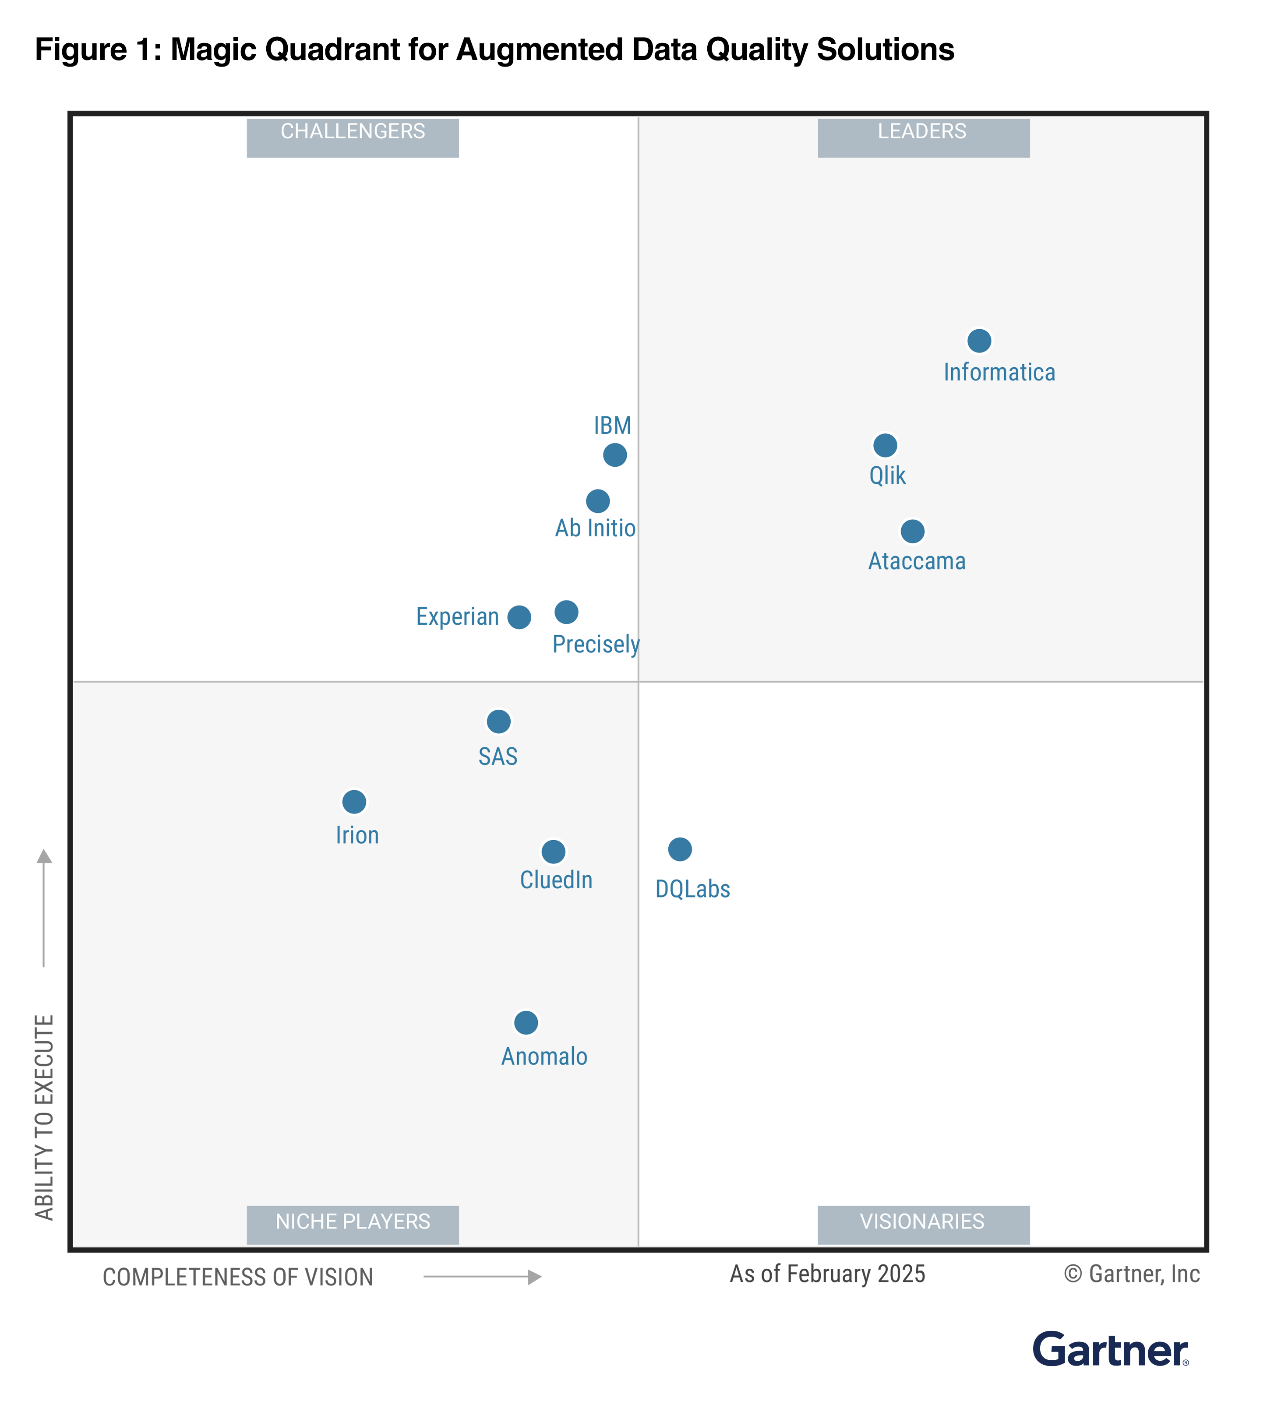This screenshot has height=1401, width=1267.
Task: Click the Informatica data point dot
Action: coord(978,341)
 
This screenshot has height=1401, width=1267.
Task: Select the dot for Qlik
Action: coord(885,445)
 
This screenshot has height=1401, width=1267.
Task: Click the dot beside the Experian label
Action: coord(519,616)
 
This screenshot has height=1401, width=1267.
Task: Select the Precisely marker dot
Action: coord(566,612)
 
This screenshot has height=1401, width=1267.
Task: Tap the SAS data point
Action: coord(498,722)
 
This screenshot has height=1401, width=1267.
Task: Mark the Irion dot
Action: coord(354,801)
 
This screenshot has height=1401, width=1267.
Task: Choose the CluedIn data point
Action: coord(553,851)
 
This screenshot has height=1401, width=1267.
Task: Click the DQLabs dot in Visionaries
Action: coord(680,848)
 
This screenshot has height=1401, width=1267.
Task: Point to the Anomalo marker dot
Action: coord(526,1022)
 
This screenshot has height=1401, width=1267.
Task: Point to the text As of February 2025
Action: coord(827,1274)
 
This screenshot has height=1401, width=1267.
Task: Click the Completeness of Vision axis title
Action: coord(238,1277)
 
